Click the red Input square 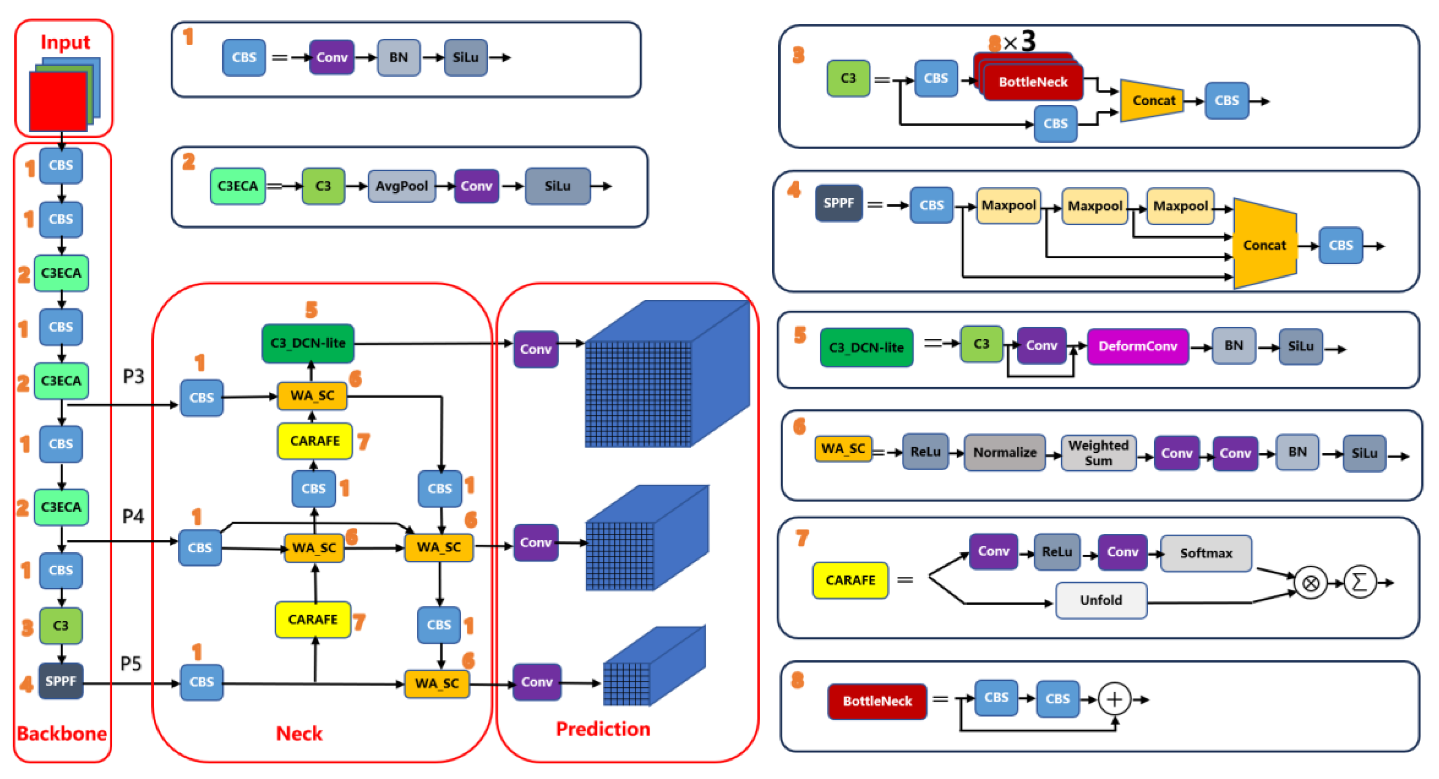tap(58, 102)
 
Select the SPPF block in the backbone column tap(60, 681)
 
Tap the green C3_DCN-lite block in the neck tap(308, 343)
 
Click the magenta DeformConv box tap(1137, 346)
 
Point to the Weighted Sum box tap(1098, 453)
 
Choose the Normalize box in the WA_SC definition tap(1004, 452)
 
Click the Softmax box tap(1206, 553)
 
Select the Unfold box tap(1100, 600)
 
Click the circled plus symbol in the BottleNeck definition tap(1114, 699)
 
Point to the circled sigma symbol tap(1359, 582)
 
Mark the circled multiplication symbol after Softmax tap(1311, 583)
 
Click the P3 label tap(133, 376)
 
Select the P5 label tap(131, 664)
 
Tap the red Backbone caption tap(62, 733)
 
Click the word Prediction tap(603, 729)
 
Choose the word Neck tap(299, 733)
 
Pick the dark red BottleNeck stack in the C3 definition tap(1032, 82)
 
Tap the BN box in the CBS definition tap(398, 58)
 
